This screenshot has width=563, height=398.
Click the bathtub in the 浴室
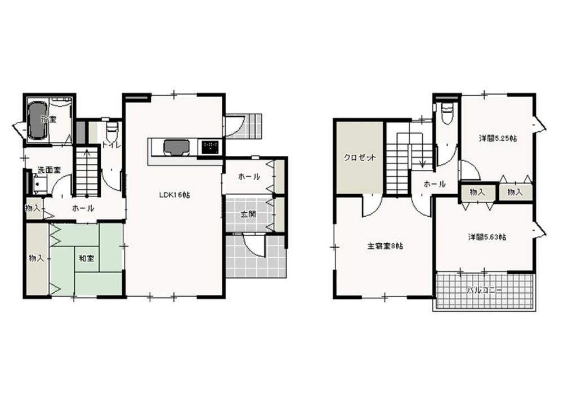click(x=37, y=120)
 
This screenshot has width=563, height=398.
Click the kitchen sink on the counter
click(x=176, y=147)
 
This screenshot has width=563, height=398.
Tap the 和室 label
click(x=86, y=258)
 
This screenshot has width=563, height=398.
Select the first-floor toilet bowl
click(x=111, y=133)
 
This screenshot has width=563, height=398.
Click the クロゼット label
click(x=360, y=158)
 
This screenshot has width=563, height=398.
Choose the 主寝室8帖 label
click(x=385, y=246)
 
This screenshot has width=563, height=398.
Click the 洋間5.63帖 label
click(x=487, y=237)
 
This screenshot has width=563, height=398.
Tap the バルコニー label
click(x=484, y=290)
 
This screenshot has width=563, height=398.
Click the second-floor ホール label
click(x=435, y=184)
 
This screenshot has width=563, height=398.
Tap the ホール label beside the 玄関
click(x=249, y=177)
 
